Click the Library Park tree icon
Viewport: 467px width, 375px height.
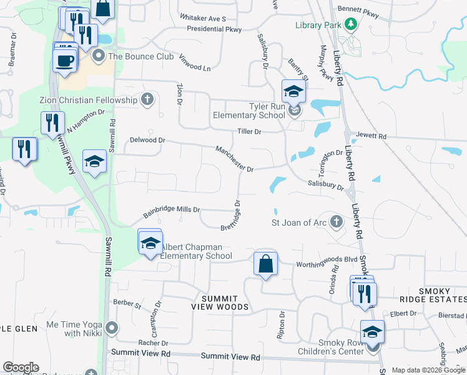tap(351, 24)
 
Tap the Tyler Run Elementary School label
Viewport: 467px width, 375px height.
tap(249, 111)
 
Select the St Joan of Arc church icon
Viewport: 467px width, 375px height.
tap(336, 221)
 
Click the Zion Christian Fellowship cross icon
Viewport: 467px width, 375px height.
tap(147, 100)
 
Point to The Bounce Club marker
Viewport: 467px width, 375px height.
tap(99, 56)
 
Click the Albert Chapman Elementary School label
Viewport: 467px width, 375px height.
tap(196, 252)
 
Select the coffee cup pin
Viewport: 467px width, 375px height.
tap(64, 60)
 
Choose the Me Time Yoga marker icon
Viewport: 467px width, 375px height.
tap(112, 327)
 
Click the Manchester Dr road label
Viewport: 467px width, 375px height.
tap(234, 159)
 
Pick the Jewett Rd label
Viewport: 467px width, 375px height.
tap(371, 136)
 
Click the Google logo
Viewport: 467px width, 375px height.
tap(21, 367)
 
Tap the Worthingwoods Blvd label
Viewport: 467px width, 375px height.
tap(326, 259)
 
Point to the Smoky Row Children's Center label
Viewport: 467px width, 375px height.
tap(340, 347)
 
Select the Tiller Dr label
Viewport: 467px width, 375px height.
tap(248, 132)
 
